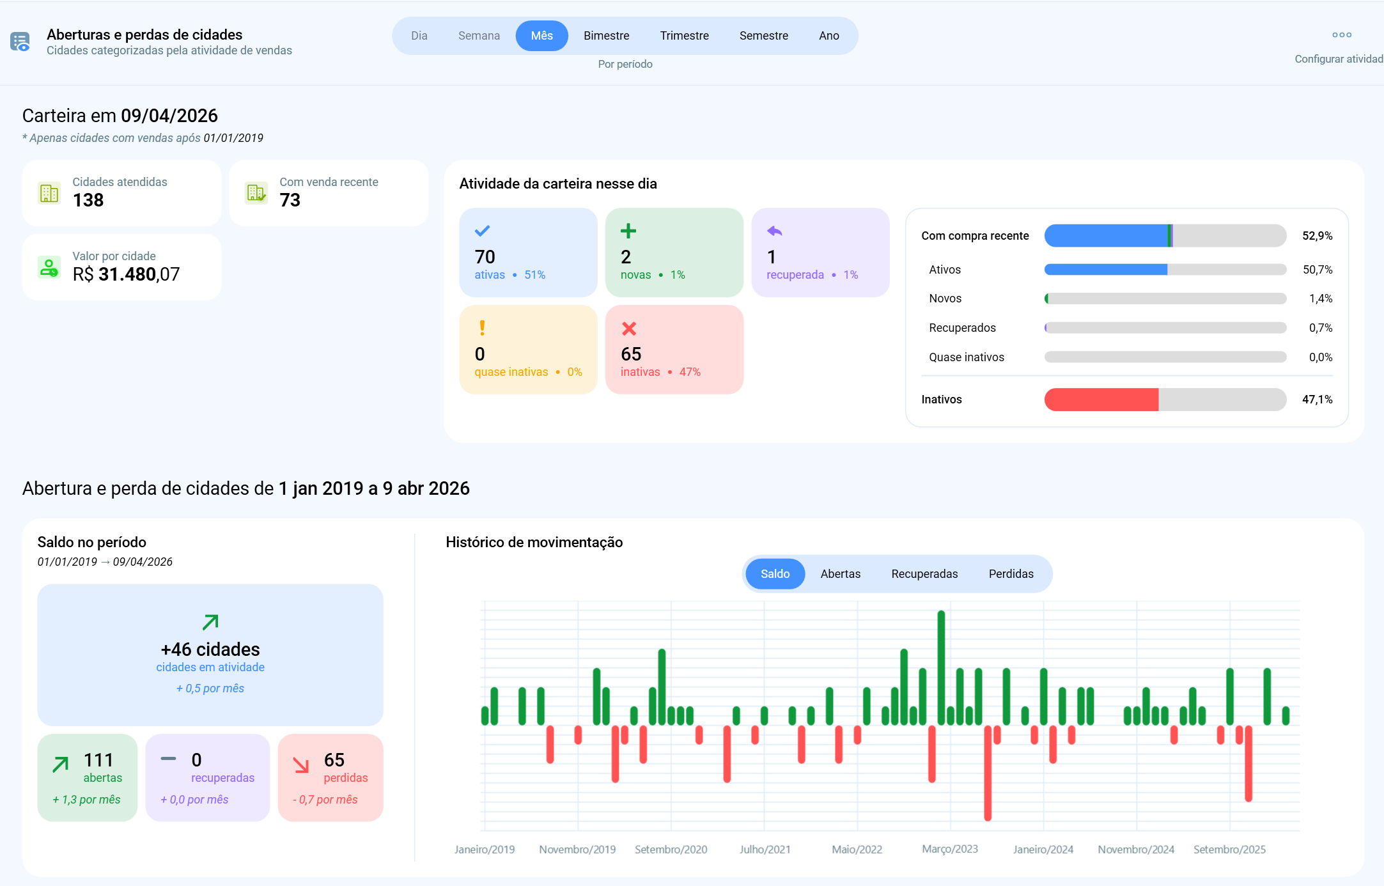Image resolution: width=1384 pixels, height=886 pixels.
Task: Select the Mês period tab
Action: point(541,36)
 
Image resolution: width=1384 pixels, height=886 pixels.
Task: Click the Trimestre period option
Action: point(684,36)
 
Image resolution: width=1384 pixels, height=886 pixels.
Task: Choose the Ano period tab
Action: point(828,36)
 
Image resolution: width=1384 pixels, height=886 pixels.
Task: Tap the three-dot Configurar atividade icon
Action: point(1341,35)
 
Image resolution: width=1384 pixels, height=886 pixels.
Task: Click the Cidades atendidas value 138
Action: point(88,201)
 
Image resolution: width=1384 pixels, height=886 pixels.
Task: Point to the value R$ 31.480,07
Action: point(126,275)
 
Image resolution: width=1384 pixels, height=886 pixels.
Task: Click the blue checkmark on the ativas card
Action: point(482,231)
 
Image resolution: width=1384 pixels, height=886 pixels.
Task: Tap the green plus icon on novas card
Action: point(628,231)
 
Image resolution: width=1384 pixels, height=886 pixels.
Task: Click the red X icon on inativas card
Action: point(629,329)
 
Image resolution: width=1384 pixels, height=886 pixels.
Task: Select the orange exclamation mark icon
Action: point(482,328)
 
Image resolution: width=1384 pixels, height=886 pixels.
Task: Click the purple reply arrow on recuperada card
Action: point(774,231)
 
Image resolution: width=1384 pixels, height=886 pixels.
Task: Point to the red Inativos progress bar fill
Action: point(1101,400)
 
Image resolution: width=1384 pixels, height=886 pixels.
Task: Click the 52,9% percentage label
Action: point(1317,236)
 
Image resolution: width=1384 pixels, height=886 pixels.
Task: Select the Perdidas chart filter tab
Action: point(1011,574)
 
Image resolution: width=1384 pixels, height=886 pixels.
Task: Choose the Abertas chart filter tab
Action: point(840,574)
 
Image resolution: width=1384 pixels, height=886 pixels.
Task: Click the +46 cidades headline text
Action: point(210,649)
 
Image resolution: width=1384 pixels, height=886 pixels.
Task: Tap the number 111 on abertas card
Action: point(98,760)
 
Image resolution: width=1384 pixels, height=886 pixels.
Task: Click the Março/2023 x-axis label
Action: point(949,849)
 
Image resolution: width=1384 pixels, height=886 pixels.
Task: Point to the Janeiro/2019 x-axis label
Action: point(485,850)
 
